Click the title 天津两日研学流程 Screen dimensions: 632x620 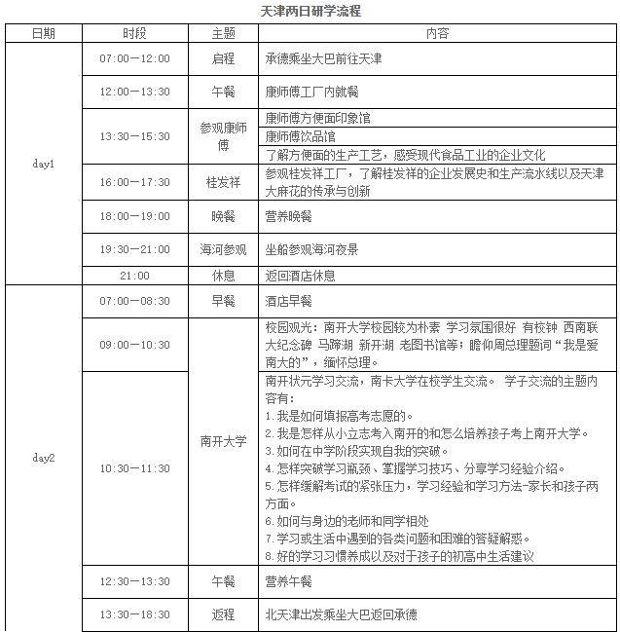point(310,12)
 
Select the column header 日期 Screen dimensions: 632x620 point(44,33)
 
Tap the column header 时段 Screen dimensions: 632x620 point(134,33)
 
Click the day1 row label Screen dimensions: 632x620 point(44,164)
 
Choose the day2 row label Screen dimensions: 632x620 point(44,456)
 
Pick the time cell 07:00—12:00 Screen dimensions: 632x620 point(134,58)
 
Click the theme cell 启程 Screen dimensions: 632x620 point(224,58)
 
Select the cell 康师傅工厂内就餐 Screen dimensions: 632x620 point(315,92)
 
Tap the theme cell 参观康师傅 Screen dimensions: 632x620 point(224,136)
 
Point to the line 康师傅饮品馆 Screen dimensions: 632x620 point(301,136)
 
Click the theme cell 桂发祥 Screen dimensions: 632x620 point(224,182)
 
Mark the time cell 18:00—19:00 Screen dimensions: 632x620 point(134,216)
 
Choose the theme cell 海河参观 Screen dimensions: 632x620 point(224,249)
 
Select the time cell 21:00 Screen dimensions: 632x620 point(134,276)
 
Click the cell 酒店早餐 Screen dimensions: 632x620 point(288,301)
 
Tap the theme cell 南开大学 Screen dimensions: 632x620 point(224,441)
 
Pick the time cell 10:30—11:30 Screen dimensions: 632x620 point(134,468)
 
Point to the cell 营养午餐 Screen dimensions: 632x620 point(288,581)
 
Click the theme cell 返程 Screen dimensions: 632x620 point(224,614)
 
